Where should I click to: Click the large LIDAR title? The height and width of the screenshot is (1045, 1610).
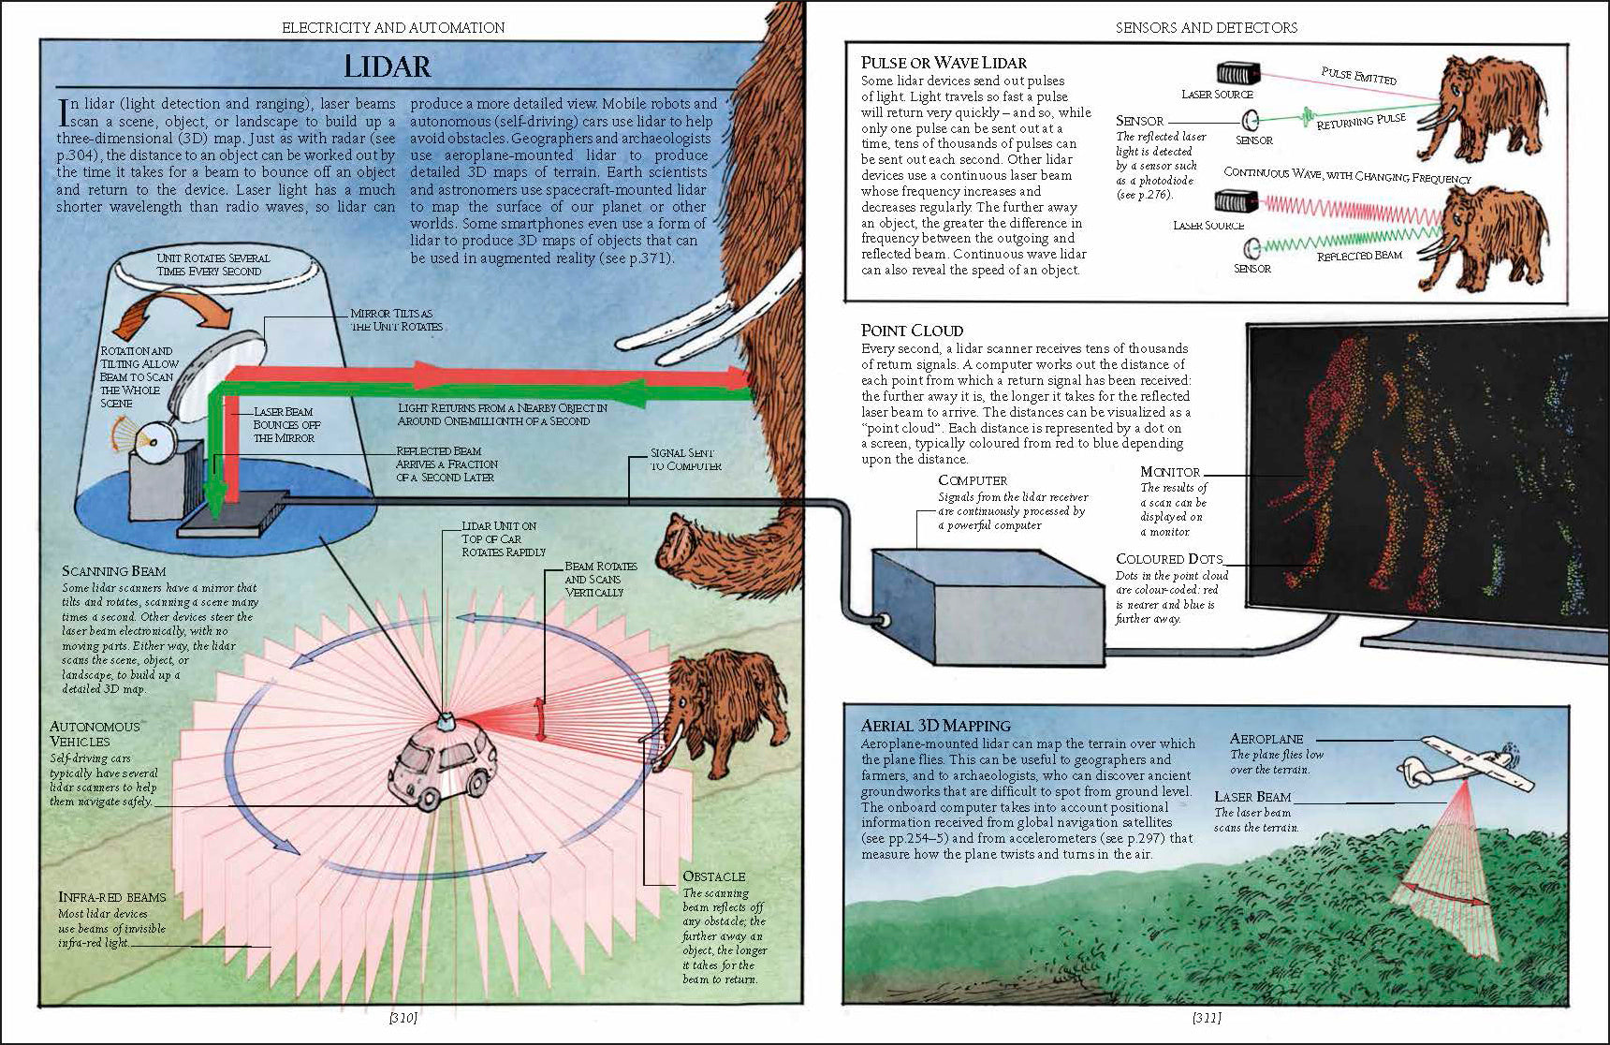click(x=387, y=66)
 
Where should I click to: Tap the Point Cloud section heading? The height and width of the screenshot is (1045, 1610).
click(x=912, y=331)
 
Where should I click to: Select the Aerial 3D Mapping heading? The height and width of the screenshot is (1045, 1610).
click(x=936, y=726)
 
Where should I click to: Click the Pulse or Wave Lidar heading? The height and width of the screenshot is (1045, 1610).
click(x=944, y=63)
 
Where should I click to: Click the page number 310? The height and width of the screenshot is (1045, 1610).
click(x=403, y=1017)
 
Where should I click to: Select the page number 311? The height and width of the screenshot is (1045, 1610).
click(x=1207, y=1017)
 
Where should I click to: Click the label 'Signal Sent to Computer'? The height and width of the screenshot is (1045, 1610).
click(x=686, y=459)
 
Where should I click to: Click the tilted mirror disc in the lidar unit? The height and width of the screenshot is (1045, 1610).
click(x=219, y=371)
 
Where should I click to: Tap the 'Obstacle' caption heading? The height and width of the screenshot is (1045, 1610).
click(x=714, y=876)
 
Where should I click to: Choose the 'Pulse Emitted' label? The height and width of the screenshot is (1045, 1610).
click(x=1358, y=76)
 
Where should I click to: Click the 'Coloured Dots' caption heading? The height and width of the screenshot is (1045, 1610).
click(x=1169, y=559)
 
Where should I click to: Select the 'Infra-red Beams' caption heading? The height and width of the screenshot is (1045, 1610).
click(x=112, y=897)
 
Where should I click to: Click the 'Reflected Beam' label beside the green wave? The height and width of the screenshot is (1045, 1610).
click(x=1359, y=256)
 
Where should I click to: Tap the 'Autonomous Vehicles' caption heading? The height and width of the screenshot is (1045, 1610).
click(x=95, y=734)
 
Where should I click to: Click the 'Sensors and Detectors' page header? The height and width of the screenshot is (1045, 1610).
click(x=1207, y=28)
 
